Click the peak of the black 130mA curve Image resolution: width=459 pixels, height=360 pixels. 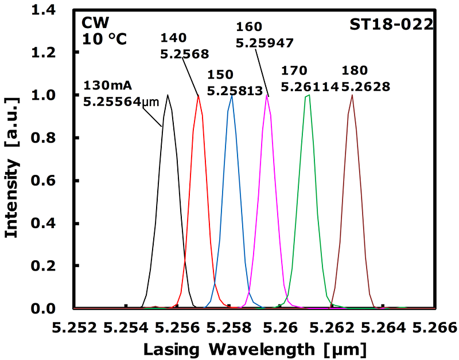tap(168, 95)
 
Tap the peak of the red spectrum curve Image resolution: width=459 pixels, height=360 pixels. tap(199, 96)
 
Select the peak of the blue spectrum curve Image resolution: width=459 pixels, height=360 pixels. tap(232, 96)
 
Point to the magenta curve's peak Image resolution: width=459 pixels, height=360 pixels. tap(267, 96)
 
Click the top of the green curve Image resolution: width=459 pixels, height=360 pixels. tap(308, 96)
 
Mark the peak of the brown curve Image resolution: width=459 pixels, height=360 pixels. tap(352, 96)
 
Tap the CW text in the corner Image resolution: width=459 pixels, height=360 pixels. tap(93, 25)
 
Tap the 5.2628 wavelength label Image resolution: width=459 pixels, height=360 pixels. tap(365, 87)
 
